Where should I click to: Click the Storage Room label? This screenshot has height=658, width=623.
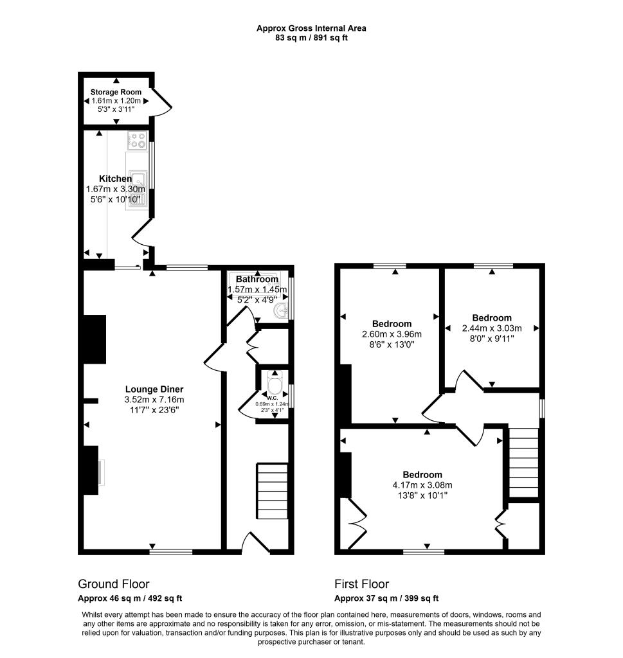[116, 92]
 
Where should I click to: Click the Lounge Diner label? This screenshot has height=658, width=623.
[154, 389]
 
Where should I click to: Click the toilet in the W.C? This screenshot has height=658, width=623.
[275, 384]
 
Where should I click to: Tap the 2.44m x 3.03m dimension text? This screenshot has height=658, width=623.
[492, 328]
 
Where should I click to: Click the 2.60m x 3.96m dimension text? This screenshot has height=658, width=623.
[392, 334]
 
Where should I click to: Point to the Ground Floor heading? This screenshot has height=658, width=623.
[114, 584]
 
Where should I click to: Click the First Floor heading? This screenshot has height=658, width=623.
[361, 584]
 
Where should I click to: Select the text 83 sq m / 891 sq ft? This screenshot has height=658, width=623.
[311, 37]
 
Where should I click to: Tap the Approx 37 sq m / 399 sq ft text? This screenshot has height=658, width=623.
[386, 598]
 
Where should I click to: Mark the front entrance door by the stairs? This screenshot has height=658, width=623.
[256, 542]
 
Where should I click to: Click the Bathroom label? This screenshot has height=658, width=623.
[257, 280]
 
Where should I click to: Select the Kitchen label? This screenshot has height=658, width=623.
[116, 179]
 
